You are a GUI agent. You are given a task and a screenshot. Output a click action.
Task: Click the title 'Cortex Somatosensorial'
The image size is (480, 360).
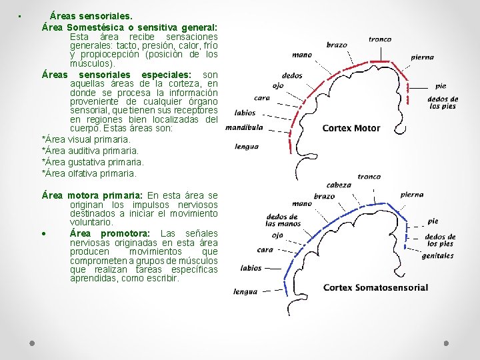click(x=375, y=287)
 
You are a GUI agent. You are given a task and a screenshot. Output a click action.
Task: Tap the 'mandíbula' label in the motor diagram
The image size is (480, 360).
click(x=244, y=127)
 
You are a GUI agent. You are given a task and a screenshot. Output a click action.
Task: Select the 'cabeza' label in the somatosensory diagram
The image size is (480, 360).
click(x=339, y=185)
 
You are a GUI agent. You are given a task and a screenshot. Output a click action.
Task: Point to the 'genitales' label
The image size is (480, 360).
click(x=437, y=255)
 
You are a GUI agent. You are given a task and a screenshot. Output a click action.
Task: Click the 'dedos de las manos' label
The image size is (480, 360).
click(x=281, y=221)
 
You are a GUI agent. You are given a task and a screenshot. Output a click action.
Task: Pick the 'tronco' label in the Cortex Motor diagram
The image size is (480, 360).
click(x=379, y=39)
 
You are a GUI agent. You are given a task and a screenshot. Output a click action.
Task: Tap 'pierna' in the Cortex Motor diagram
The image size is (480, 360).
click(x=422, y=57)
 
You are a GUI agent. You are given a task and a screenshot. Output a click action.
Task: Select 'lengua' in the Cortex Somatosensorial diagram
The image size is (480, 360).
click(x=245, y=291)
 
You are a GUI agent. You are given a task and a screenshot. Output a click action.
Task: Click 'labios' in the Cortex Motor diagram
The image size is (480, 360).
click(x=245, y=113)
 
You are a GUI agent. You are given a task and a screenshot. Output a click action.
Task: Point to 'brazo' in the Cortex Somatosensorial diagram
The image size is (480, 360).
click(x=324, y=196)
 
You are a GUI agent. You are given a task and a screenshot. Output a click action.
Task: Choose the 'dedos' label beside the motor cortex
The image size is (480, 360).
click(x=292, y=75)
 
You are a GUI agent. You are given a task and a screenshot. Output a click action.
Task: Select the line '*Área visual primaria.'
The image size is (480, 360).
click(x=86, y=139)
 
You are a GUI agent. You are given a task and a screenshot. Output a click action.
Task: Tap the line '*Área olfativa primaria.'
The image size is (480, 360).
click(x=89, y=173)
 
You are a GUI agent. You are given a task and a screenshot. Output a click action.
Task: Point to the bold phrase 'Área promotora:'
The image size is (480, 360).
click(x=110, y=233)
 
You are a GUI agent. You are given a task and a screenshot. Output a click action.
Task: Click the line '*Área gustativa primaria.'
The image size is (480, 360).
click(x=92, y=162)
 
